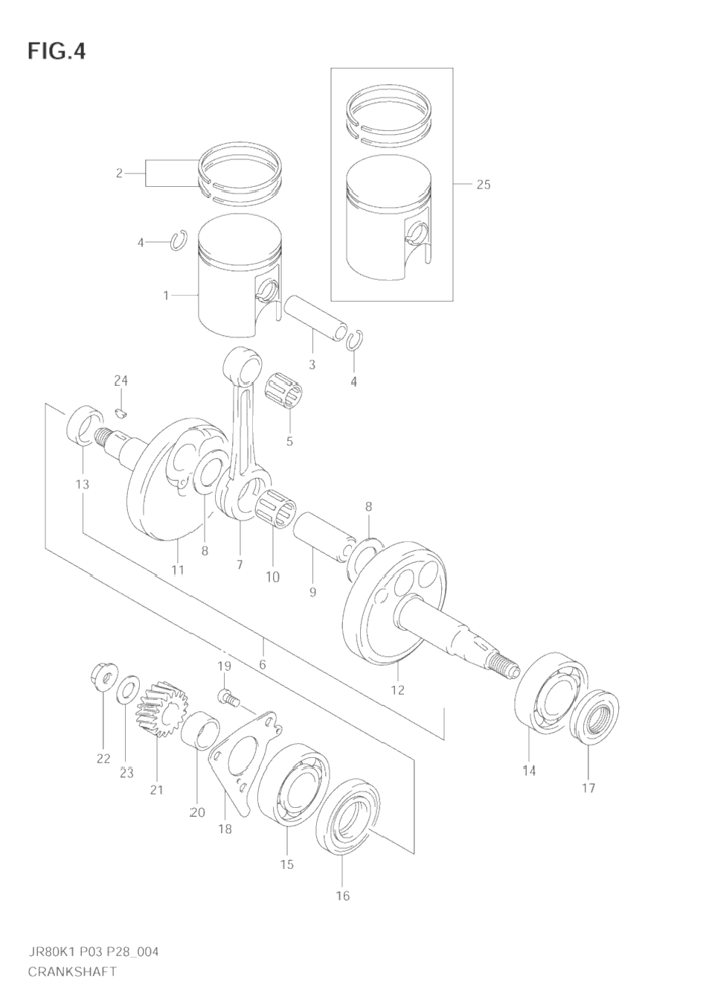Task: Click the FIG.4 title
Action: pos(57,51)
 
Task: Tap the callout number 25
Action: pos(484,185)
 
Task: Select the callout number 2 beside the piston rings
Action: pos(119,173)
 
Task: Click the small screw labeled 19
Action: pos(228,698)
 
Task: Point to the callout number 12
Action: pos(397,690)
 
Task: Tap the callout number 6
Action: pos(263,664)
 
